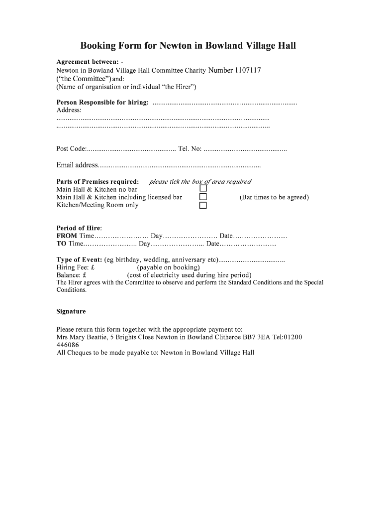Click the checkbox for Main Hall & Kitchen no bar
click(x=203, y=189)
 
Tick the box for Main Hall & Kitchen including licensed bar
click(x=203, y=197)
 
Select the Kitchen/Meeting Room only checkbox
click(x=203, y=205)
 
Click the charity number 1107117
click(x=242, y=71)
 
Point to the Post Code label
click(x=72, y=149)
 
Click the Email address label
click(x=77, y=165)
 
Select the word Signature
click(x=71, y=312)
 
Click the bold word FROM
click(x=67, y=236)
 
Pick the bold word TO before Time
click(x=62, y=244)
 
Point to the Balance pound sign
click(x=85, y=275)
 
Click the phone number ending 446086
click(x=68, y=345)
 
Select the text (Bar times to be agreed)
click(x=274, y=197)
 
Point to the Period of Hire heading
click(x=79, y=228)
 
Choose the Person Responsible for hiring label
click(x=102, y=103)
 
